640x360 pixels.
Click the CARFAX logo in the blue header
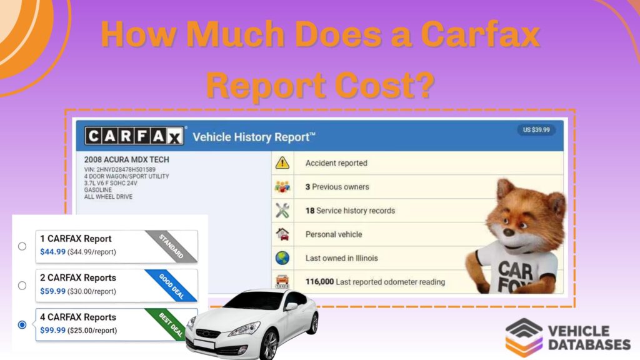coord(134,136)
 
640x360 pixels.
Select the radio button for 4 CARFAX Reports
coord(22,324)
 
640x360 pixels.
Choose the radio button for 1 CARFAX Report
coord(22,246)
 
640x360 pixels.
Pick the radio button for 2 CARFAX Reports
coord(22,285)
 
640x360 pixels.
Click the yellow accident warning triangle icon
coord(282,163)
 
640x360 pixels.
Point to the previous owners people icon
coord(282,187)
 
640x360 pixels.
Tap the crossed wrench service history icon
coord(282,211)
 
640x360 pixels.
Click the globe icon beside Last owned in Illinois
coord(282,258)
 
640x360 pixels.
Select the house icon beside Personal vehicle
coord(282,234)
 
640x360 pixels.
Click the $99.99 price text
coord(52,330)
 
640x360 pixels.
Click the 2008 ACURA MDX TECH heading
coord(126,159)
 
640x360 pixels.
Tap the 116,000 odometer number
coord(319,282)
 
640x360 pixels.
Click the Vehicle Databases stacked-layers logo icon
coord(524,337)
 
